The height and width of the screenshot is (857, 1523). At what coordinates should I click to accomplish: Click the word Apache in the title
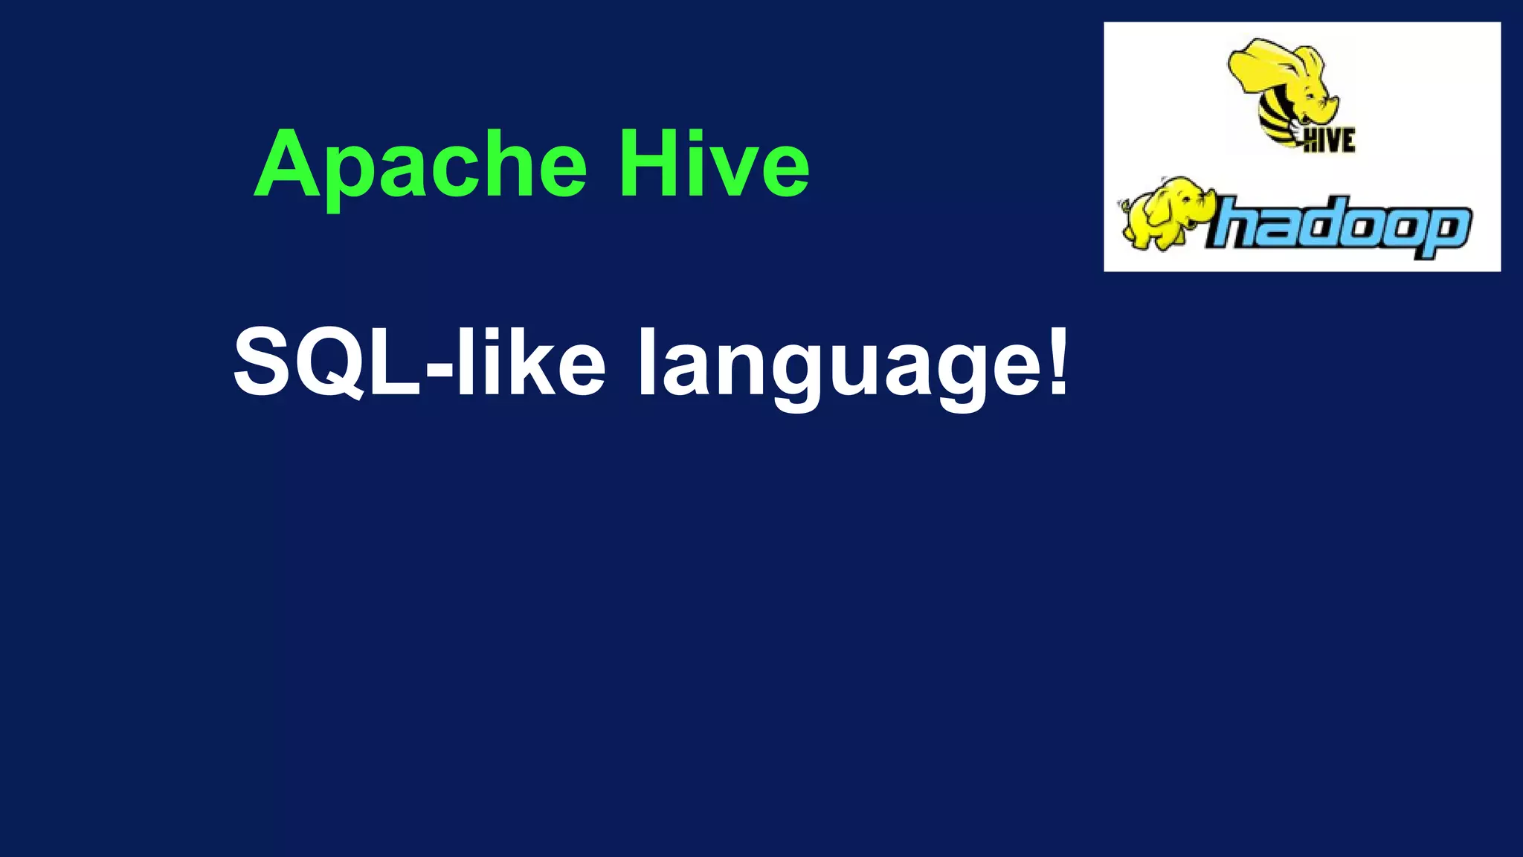tap(421, 165)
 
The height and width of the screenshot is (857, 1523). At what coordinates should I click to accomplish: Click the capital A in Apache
tap(289, 164)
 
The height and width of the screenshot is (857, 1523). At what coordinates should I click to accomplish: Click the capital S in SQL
tap(264, 362)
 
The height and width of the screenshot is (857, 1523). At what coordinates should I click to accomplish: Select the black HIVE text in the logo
tap(1330, 140)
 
